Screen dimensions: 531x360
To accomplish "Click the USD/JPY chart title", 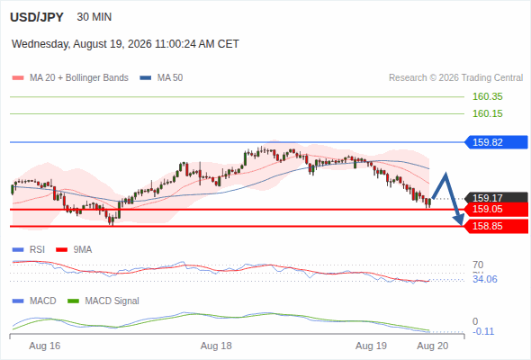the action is tap(37, 17).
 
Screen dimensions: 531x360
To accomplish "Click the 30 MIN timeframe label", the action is tap(94, 17).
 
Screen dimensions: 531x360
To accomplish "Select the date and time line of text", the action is tap(125, 44).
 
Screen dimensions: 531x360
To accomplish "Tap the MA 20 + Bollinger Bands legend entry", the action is tap(70, 78).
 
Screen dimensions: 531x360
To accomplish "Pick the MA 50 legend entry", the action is tap(161, 78).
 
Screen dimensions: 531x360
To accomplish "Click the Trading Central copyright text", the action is tap(455, 78).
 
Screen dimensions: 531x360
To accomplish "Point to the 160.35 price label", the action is tap(487, 96).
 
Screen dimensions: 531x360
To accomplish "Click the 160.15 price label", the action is tap(487, 113).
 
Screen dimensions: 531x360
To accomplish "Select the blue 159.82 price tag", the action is tap(496, 142).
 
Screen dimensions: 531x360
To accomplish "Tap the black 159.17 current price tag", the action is tap(496, 197).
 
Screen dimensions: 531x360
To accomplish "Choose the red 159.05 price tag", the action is tap(496, 210).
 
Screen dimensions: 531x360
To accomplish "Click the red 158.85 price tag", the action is tap(496, 226).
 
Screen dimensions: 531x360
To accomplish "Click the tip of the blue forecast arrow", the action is tap(461, 225).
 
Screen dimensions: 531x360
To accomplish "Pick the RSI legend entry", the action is tap(29, 250).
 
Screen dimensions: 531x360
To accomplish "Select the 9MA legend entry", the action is tap(74, 250).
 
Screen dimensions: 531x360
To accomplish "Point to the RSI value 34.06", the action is tap(485, 279).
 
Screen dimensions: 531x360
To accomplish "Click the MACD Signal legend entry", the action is tap(103, 301).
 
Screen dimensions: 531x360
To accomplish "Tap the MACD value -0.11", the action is tap(483, 331).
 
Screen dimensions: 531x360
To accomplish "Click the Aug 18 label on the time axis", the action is tap(216, 346).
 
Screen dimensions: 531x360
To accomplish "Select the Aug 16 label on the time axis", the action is tap(45, 346).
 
